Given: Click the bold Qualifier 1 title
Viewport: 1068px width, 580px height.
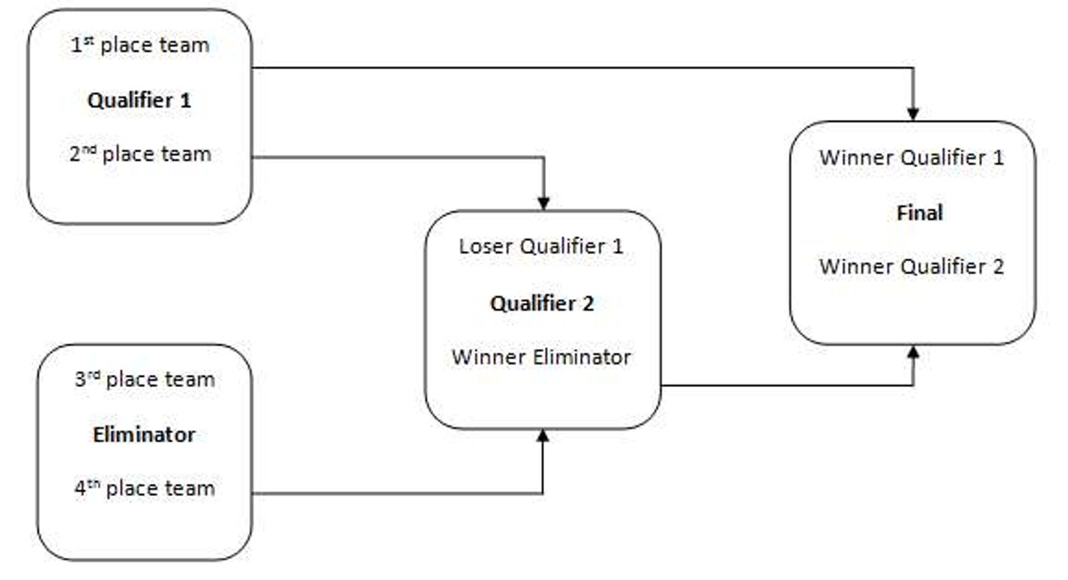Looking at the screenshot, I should [x=139, y=100].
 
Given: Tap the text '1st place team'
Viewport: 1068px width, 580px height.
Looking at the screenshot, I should [x=140, y=45].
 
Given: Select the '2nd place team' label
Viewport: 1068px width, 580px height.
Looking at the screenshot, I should [x=140, y=154].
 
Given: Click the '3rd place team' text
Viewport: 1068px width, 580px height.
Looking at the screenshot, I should [x=145, y=380].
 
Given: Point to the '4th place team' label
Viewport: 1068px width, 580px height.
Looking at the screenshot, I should [x=145, y=489].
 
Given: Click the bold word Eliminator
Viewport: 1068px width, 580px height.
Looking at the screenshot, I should [x=144, y=435].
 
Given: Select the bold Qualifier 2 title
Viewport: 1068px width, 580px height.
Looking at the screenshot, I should [x=542, y=304].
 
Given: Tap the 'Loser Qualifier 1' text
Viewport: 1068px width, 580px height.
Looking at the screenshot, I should [x=541, y=246].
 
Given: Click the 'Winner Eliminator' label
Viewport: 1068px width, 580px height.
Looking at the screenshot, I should [x=541, y=357].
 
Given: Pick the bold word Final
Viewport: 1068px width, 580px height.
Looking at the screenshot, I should [x=919, y=213].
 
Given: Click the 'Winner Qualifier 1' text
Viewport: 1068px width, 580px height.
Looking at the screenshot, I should [x=911, y=158].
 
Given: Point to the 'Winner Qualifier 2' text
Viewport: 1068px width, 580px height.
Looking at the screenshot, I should [x=911, y=267].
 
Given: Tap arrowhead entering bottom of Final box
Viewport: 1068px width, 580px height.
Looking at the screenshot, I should [x=912, y=352].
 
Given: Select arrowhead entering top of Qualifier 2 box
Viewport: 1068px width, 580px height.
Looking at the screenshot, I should [x=543, y=203].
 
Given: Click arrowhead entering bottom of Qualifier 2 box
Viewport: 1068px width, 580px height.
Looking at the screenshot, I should [x=543, y=436].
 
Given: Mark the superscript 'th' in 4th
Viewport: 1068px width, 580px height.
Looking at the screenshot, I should [x=93, y=483].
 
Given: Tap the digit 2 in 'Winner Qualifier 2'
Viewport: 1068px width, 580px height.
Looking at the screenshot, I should [x=998, y=267].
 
